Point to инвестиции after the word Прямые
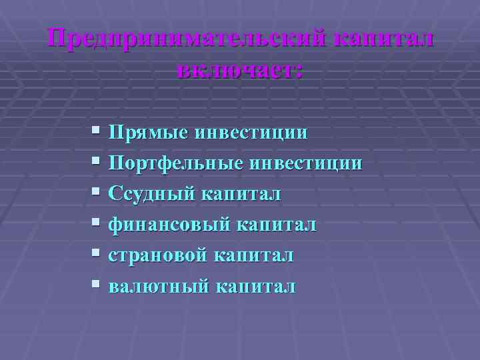coord(250,132)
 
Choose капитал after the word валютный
coord(256,287)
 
